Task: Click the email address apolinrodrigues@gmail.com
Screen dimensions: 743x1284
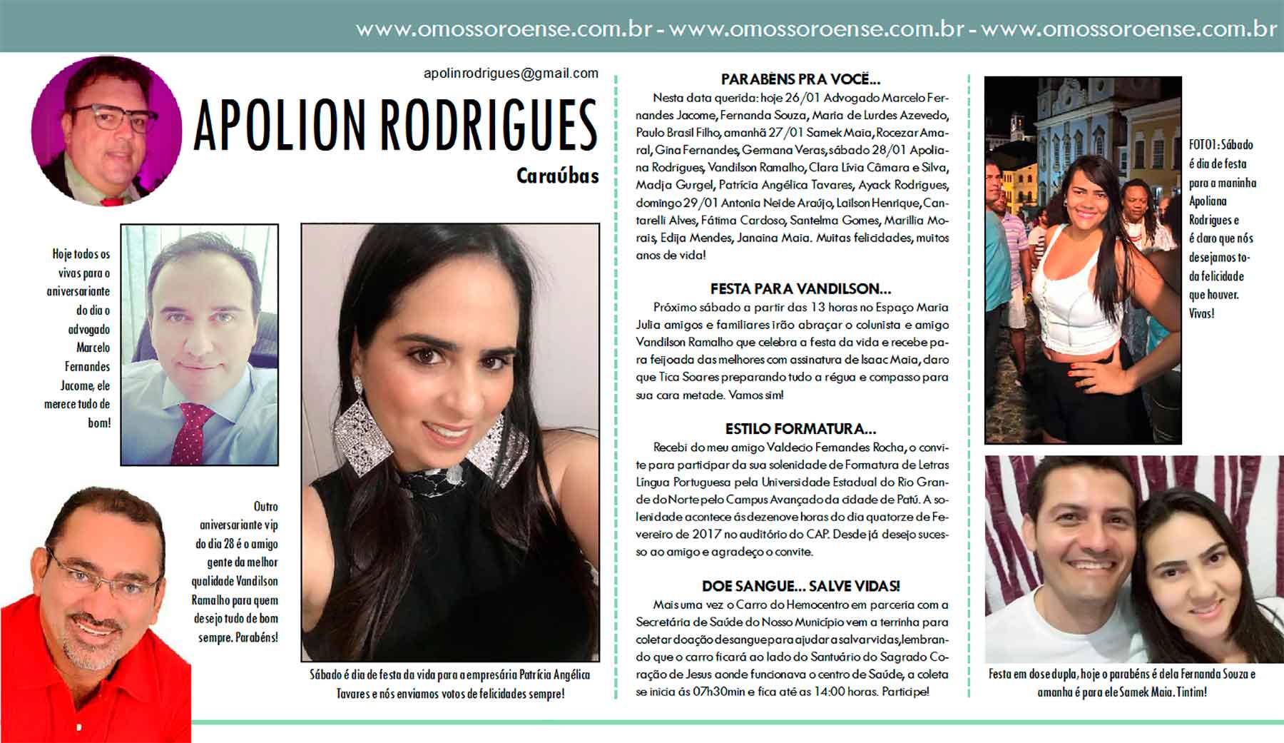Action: (x=511, y=74)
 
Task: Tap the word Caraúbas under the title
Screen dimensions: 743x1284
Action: (x=557, y=176)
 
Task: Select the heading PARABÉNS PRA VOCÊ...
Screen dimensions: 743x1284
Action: (x=800, y=79)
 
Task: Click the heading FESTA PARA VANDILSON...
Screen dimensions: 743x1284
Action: (x=800, y=289)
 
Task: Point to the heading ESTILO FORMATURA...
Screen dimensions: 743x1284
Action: (x=800, y=429)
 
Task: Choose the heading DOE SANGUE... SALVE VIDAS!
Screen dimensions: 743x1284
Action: (x=800, y=587)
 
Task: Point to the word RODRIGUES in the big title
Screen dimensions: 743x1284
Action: (x=488, y=126)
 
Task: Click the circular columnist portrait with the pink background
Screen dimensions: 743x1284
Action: (x=106, y=131)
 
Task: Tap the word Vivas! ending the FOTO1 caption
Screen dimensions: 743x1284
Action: (x=1201, y=313)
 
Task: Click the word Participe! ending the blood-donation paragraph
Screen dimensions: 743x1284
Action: (x=905, y=692)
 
